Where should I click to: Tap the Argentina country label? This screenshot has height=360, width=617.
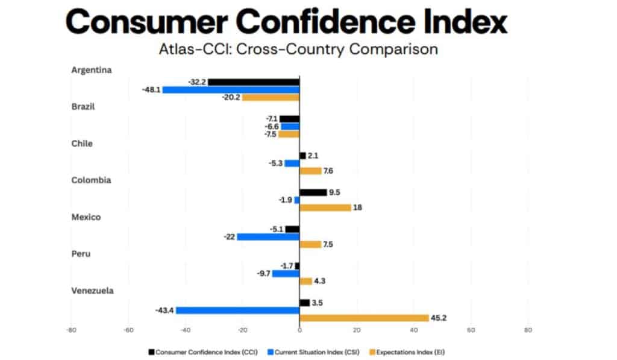91,69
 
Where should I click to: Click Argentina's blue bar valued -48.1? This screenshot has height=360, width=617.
231,89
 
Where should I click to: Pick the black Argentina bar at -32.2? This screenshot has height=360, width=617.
254,81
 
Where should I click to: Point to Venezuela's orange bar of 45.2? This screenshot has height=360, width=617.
364,318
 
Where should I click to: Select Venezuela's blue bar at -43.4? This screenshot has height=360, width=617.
237,310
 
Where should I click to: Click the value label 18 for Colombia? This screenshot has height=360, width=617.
358,207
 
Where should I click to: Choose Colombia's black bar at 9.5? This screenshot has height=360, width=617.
313,192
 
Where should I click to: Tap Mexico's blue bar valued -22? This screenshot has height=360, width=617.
268,236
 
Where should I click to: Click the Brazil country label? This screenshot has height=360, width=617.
83,106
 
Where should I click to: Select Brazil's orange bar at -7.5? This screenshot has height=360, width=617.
289,134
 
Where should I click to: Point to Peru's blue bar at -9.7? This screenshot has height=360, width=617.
286,273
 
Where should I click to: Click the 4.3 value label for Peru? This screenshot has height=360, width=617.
320,281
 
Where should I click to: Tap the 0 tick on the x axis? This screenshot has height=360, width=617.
299,330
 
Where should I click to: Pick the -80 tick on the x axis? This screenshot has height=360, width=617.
70,330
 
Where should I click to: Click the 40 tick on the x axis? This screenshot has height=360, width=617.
414,330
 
